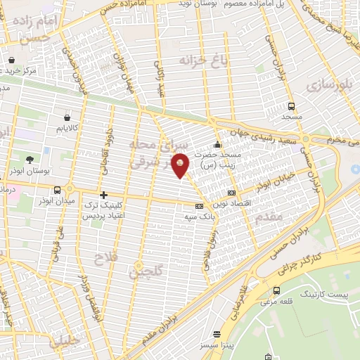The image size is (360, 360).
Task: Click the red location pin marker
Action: click(x=181, y=164)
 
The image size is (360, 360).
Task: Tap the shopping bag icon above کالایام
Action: click(x=66, y=117)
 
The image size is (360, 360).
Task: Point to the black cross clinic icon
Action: click(x=103, y=195)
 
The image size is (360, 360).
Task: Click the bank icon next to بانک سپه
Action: click(x=200, y=206)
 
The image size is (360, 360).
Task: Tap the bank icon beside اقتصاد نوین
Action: click(x=231, y=193)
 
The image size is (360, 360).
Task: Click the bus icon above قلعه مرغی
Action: click(x=276, y=290)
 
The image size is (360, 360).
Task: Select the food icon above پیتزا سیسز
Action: click(x=217, y=334)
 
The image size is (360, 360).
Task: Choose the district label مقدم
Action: click(x=269, y=216)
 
